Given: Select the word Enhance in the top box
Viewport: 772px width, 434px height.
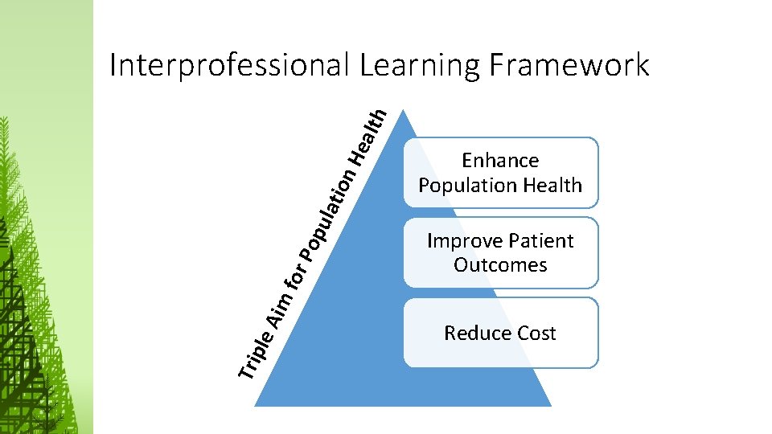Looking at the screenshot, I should click(x=500, y=161).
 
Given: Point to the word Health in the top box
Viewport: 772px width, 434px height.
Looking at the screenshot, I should click(x=552, y=185).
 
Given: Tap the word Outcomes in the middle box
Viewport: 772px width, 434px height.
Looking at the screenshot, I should click(x=500, y=265).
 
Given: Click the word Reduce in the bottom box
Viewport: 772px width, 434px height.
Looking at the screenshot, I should click(x=474, y=334).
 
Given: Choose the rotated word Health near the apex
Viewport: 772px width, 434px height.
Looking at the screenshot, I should click(x=372, y=133).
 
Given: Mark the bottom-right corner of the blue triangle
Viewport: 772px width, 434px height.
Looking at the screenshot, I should click(x=552, y=406).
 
